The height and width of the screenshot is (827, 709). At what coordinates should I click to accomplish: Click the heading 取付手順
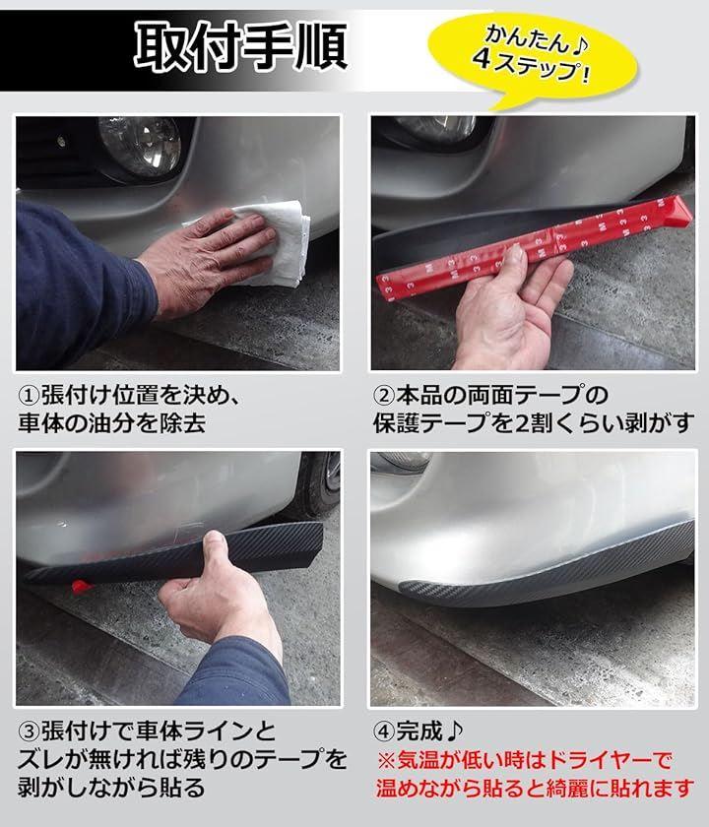(x=240, y=46)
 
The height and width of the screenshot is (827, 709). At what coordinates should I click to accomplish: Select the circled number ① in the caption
(x=29, y=395)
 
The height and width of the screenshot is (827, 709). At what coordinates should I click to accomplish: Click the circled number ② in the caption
(x=383, y=395)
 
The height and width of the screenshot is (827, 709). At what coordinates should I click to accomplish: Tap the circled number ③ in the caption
(x=29, y=732)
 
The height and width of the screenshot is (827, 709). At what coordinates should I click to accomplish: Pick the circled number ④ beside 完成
(x=383, y=732)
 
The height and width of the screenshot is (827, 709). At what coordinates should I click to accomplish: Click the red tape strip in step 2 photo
(x=533, y=249)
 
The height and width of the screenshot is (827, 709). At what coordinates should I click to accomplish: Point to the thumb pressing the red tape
(x=513, y=260)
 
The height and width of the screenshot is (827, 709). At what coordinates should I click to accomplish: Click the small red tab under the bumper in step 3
(x=81, y=587)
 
